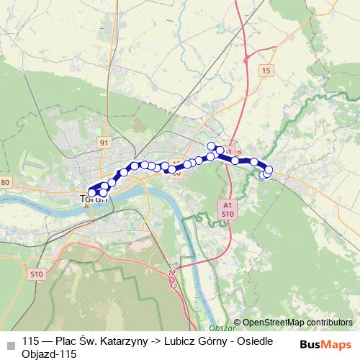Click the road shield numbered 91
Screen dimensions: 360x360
(104, 143)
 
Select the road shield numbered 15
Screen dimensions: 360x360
(266, 70)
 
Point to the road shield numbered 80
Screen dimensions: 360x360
(6, 182)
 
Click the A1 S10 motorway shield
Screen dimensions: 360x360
(228, 210)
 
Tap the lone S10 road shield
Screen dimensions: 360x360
(37, 274)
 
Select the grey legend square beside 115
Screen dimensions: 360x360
(10, 344)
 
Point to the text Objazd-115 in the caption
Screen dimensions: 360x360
(49, 354)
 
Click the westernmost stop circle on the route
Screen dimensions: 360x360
(91, 193)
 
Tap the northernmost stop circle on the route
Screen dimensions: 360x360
(212, 146)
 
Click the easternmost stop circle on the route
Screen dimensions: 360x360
(269, 170)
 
